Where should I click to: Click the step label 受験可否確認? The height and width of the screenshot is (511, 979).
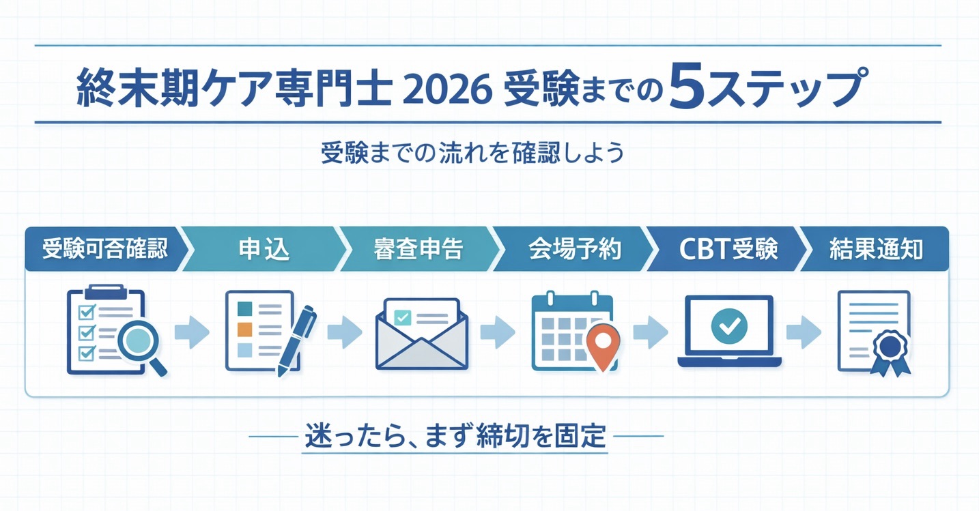click(x=104, y=250)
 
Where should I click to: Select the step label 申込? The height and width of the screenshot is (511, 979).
click(x=264, y=250)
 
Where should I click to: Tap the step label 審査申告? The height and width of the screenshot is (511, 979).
click(x=418, y=250)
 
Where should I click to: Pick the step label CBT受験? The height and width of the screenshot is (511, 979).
click(x=728, y=250)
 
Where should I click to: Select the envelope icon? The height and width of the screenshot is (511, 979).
click(x=421, y=334)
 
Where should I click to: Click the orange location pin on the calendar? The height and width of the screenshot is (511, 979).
click(x=604, y=342)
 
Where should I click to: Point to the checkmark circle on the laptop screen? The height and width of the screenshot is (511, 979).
click(x=729, y=325)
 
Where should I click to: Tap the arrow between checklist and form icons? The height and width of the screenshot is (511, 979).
click(x=191, y=333)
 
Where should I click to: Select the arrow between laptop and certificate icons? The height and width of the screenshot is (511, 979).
click(x=803, y=333)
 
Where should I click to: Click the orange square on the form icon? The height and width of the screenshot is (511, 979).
click(x=244, y=330)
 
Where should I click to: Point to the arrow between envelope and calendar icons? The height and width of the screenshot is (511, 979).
click(x=498, y=333)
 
